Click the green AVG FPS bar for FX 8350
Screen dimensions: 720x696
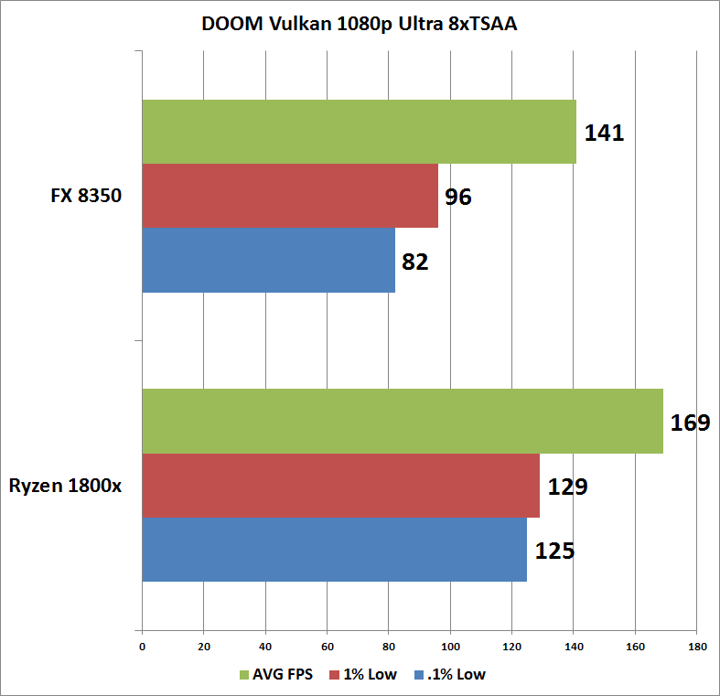359,132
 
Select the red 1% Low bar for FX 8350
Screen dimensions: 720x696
290,196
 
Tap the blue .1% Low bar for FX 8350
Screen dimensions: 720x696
269,260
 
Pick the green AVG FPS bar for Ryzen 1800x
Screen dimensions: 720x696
403,421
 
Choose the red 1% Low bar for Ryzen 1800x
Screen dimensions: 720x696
340,486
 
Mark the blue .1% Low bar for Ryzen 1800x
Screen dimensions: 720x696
334,550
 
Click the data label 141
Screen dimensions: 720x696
604,133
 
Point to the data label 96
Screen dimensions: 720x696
457,197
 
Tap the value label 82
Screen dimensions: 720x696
415,262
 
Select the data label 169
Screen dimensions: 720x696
690,423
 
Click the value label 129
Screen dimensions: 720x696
567,487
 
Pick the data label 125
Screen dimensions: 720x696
554,551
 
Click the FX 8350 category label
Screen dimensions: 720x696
86,196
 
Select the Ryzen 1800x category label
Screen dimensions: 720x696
65,486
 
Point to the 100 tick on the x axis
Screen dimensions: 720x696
450,647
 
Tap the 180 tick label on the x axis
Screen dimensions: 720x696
697,647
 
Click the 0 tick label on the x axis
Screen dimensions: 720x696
143,647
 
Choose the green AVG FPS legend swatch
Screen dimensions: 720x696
244,674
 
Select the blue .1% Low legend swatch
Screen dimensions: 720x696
419,674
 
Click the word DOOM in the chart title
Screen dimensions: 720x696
232,24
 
